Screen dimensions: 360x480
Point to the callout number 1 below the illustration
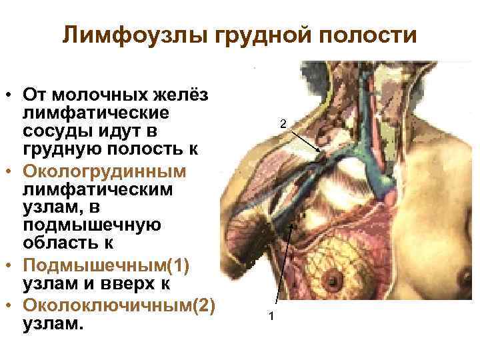[271, 315]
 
